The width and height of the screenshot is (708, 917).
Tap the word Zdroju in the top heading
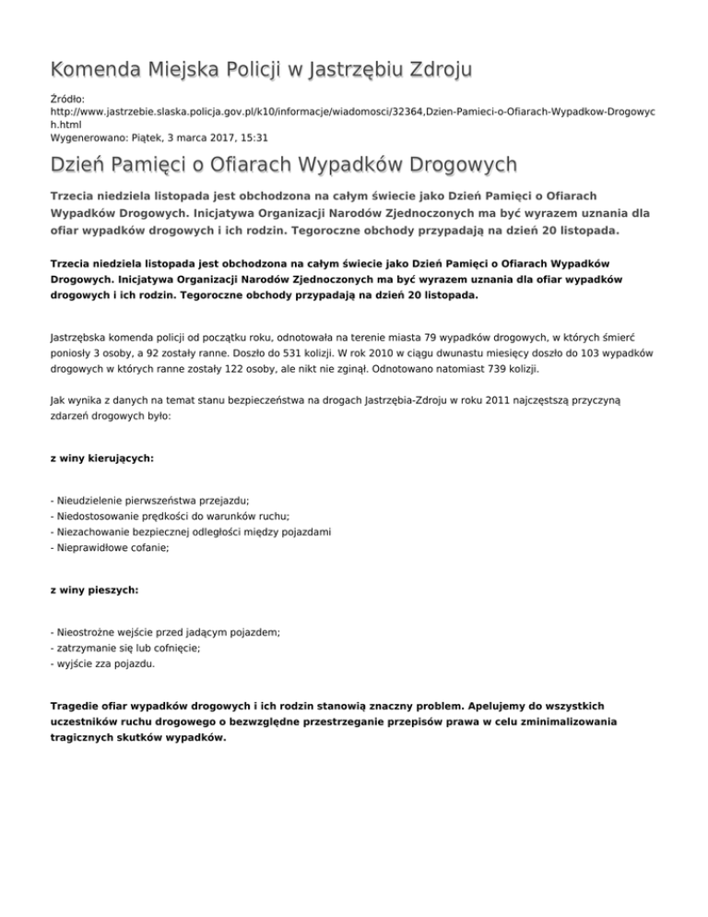(x=432, y=69)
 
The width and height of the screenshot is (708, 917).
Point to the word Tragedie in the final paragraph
(x=77, y=706)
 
